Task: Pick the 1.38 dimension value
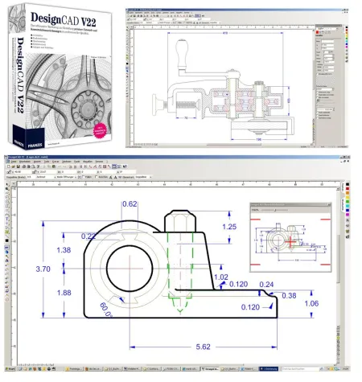click(64, 250)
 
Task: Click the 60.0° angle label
click(105, 306)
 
